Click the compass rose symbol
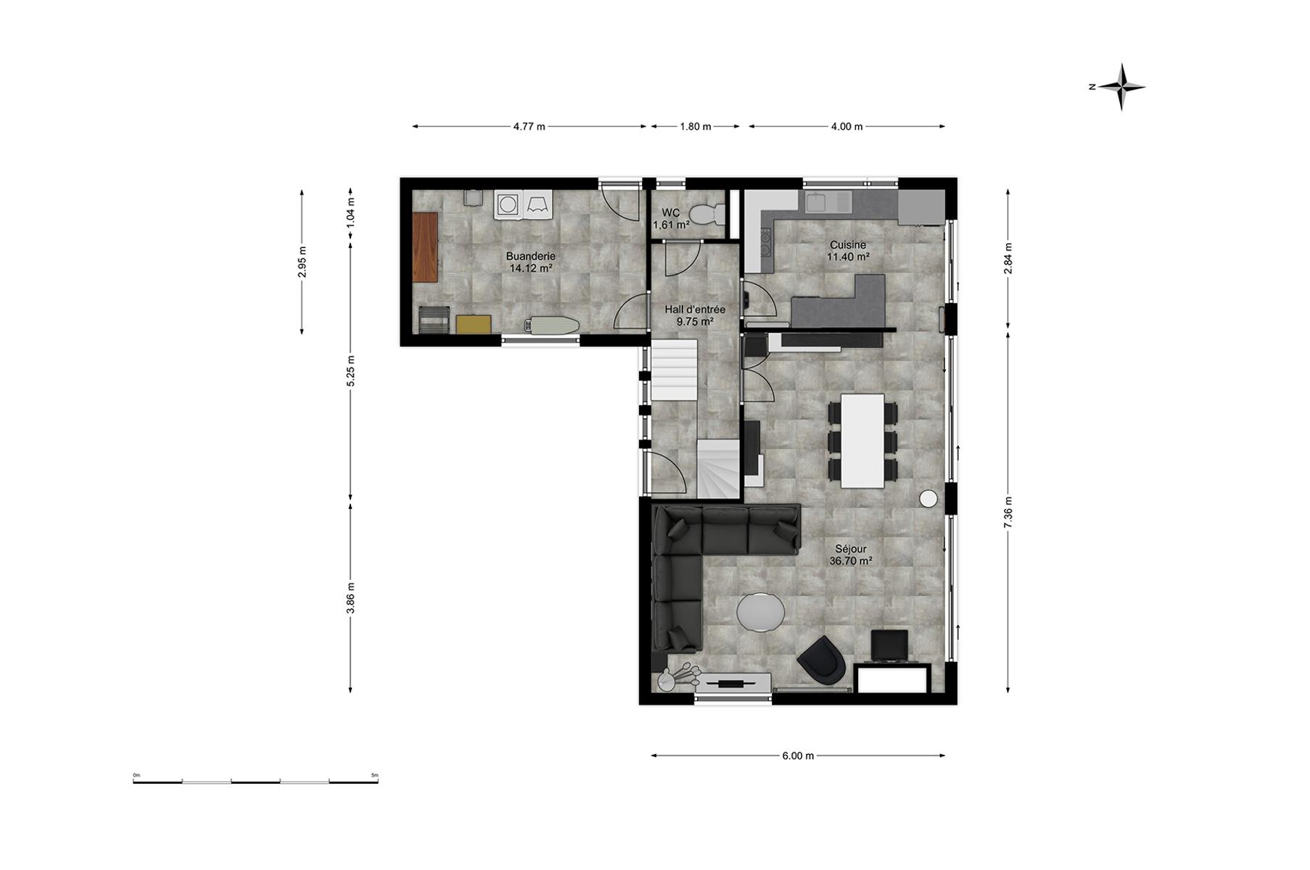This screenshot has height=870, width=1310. pos(1121,87)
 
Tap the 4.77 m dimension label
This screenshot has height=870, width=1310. pos(529,126)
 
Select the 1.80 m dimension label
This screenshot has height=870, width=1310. pos(695,126)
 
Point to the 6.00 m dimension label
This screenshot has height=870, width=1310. pos(798,755)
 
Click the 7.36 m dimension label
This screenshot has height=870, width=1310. pos(1008,512)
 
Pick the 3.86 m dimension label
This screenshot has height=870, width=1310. pos(351,598)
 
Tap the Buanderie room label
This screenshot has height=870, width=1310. pos(531,257)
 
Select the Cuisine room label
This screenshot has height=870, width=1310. pos(848,245)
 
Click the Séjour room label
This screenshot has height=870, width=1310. pos(850,549)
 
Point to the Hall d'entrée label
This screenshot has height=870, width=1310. pos(695,310)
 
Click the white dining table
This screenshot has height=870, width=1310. pos(862,441)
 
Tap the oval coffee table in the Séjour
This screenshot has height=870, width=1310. pos(760,612)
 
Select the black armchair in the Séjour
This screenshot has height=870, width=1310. pos(823,660)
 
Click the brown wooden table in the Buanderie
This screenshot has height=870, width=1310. pos(425,247)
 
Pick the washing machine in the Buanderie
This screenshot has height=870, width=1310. pos(508,204)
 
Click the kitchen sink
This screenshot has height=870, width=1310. pos(828,202)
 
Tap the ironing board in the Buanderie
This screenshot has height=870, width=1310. pos(552,325)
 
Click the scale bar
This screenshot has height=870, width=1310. pos(255,781)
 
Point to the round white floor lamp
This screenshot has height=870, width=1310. pos(928,498)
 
